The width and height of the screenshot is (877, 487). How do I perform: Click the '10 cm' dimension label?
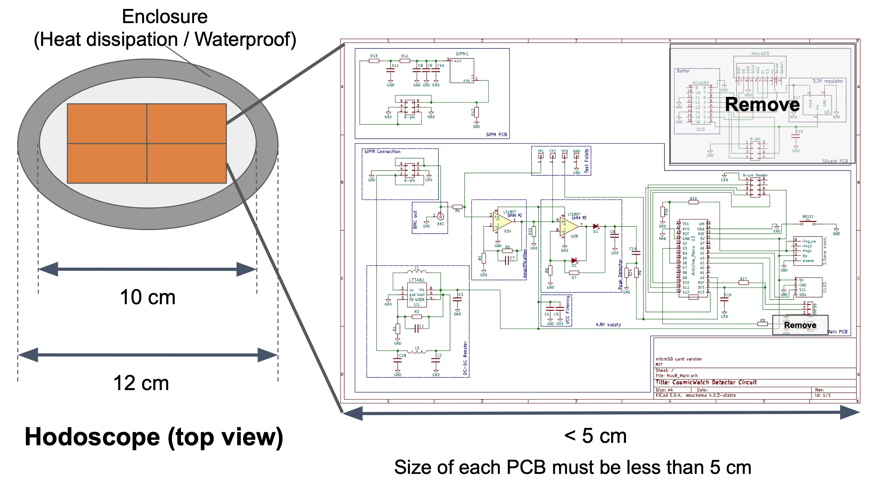pyautogui.click(x=148, y=297)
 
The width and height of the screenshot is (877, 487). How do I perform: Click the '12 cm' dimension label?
pyautogui.click(x=141, y=383)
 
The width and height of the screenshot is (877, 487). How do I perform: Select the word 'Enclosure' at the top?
pyautogui.click(x=165, y=17)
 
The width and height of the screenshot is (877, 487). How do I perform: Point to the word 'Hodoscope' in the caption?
pyautogui.click(x=92, y=437)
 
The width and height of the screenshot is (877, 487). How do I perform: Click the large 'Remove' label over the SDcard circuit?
pyautogui.click(x=762, y=105)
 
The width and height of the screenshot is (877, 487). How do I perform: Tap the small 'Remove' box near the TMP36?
pyautogui.click(x=800, y=325)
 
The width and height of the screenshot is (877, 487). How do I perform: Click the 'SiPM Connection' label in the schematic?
pyautogui.click(x=382, y=151)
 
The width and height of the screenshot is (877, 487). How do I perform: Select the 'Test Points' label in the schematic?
pyautogui.click(x=587, y=160)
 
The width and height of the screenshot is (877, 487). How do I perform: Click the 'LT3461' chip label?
pyautogui.click(x=417, y=280)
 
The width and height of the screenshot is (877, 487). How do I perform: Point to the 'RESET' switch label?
pyautogui.click(x=808, y=217)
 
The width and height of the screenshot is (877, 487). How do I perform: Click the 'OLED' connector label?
pyautogui.click(x=825, y=287)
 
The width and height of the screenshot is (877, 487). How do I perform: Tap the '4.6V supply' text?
pyautogui.click(x=608, y=325)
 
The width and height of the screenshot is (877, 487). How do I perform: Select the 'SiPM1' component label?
pyautogui.click(x=462, y=54)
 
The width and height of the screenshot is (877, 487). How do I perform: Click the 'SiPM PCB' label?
pyautogui.click(x=496, y=135)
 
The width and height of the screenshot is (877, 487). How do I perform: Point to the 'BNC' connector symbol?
pyautogui.click(x=441, y=217)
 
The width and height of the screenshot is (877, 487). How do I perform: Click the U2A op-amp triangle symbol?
pyautogui.click(x=502, y=221)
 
